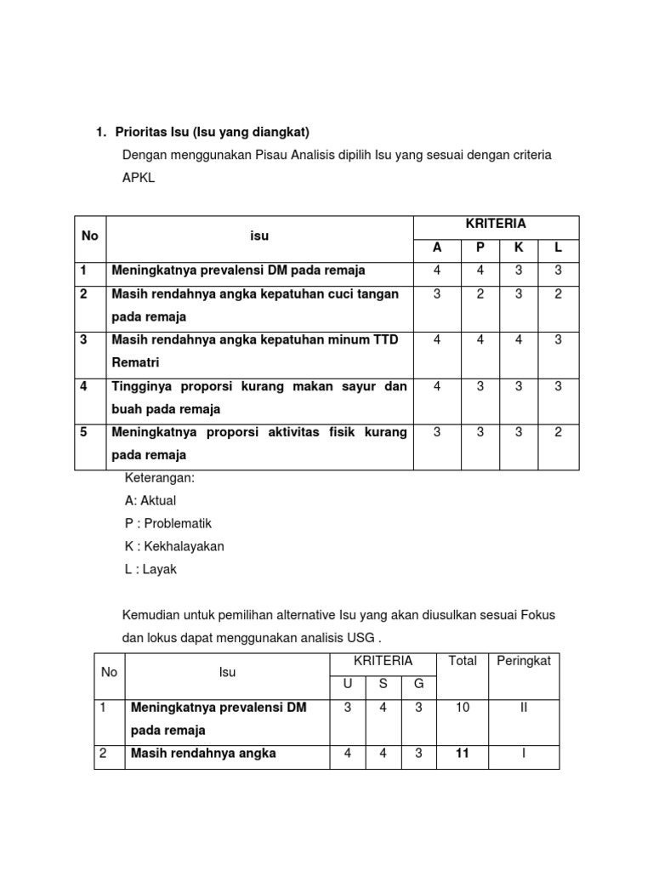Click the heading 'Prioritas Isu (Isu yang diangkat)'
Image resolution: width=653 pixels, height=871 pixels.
click(x=213, y=132)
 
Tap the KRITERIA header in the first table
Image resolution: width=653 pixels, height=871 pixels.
click(x=496, y=224)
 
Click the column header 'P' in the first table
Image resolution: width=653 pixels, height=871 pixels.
click(x=480, y=248)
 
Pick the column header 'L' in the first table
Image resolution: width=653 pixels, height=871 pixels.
click(x=558, y=248)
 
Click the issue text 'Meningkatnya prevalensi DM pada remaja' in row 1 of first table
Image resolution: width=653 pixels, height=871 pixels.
click(x=238, y=270)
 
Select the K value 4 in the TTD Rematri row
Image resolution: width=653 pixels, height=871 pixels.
click(x=518, y=339)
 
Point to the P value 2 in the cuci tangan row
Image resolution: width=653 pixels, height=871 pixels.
click(x=480, y=293)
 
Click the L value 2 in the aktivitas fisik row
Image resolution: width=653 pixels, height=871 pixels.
click(x=558, y=432)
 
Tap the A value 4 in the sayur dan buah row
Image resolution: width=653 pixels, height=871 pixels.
click(x=437, y=386)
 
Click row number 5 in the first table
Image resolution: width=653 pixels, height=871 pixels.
click(x=84, y=432)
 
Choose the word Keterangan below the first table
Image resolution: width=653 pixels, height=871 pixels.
click(x=160, y=478)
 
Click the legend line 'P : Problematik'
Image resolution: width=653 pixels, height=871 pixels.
click(x=168, y=524)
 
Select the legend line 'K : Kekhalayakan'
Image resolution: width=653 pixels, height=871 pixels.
click(x=174, y=547)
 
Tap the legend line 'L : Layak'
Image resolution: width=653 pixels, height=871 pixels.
click(x=150, y=570)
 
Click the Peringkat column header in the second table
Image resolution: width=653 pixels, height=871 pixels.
click(x=524, y=661)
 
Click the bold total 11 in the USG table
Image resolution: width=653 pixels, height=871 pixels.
click(x=463, y=753)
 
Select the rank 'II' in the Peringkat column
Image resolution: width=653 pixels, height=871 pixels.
click(x=524, y=708)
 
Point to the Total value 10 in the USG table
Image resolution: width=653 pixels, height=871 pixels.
click(x=463, y=708)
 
